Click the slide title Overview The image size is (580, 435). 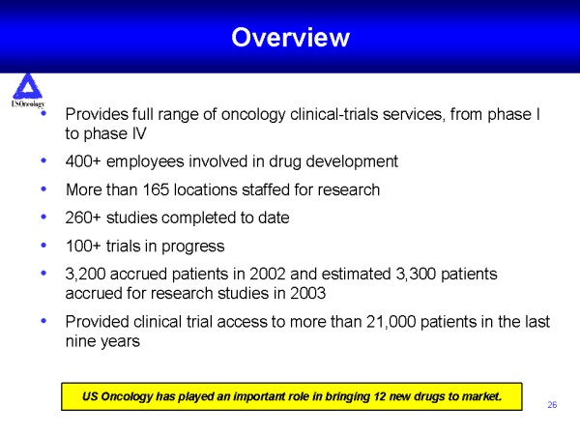coord(290,38)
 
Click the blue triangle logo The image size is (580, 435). coord(27,87)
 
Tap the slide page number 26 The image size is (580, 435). coord(552,405)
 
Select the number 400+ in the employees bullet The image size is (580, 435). coord(83,161)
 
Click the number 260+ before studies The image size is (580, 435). coord(83,217)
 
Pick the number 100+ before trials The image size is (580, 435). coord(83,246)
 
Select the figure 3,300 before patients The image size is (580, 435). coord(416,275)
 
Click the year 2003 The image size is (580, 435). coord(307,293)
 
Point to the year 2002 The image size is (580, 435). coord(268,275)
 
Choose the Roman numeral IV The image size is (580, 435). coord(138,133)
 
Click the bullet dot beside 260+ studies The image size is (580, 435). coord(43,217)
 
